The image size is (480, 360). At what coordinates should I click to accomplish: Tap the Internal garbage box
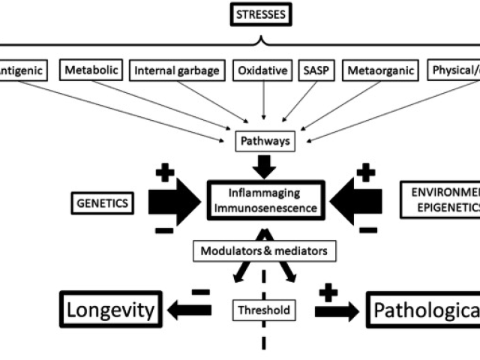point(177,71)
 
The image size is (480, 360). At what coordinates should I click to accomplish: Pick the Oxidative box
point(262,71)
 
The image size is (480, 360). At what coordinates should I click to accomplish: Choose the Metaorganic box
point(379,71)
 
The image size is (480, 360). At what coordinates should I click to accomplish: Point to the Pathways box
point(263,140)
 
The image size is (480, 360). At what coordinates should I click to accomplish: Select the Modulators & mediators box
point(263,250)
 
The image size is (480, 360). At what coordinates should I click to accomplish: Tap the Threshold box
point(263,309)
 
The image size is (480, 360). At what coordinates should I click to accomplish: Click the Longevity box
point(112,309)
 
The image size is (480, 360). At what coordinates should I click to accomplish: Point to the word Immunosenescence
point(263,208)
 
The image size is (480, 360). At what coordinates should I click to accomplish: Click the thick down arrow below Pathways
point(263,165)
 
